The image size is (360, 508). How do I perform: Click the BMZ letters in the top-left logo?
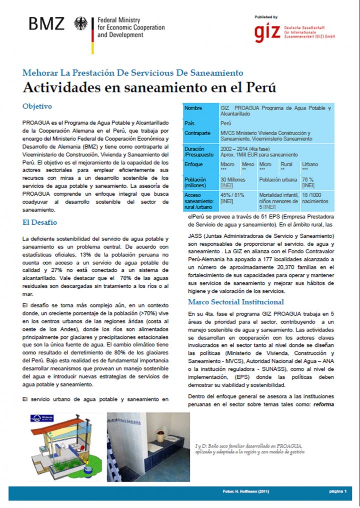click(x=46, y=24)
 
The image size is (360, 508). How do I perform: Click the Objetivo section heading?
click(x=37, y=106)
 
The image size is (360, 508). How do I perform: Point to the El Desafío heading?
click(x=39, y=222)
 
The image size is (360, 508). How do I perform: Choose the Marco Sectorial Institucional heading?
click(x=236, y=302)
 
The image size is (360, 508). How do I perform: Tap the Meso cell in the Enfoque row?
click(x=248, y=164)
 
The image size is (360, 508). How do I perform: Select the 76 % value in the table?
click(x=308, y=179)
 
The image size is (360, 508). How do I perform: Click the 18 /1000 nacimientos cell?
click(x=315, y=198)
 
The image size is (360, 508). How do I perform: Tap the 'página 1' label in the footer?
click(x=337, y=492)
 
